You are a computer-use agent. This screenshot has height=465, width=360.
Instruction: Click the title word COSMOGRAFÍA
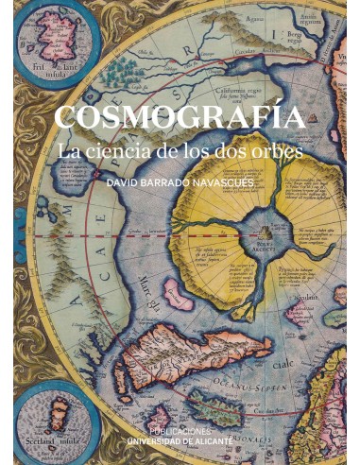pos(179,118)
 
